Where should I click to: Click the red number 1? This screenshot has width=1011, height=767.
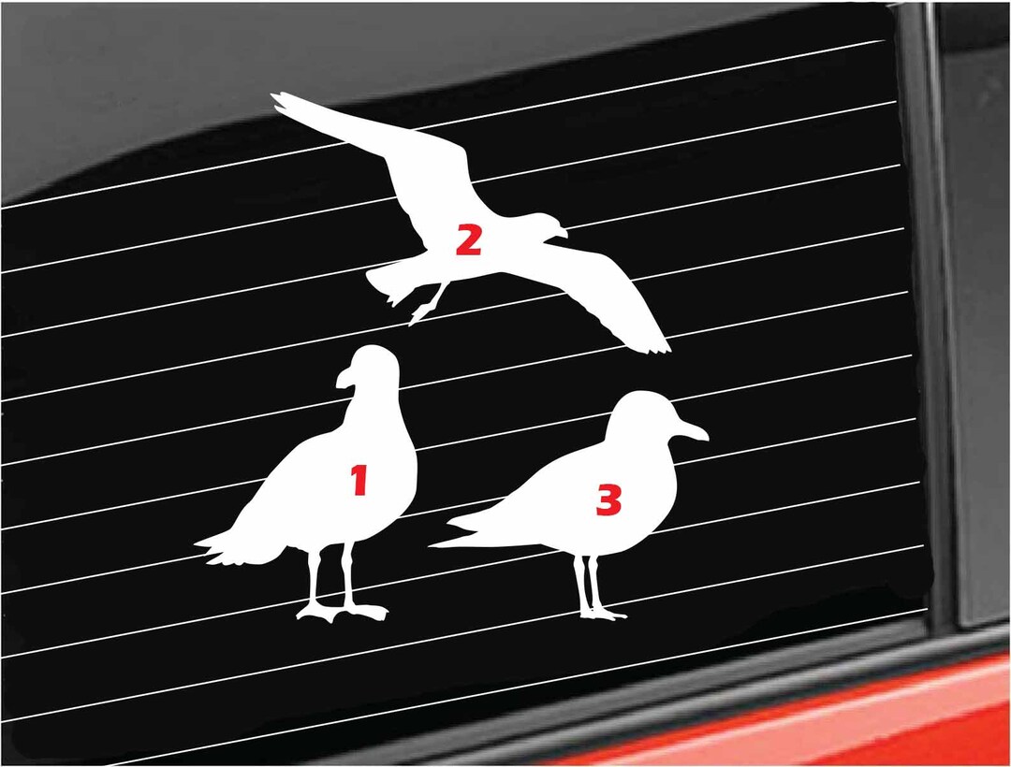[x=359, y=482]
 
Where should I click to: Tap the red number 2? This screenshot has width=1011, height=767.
[x=468, y=239]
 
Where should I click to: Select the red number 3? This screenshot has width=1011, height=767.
[x=608, y=501]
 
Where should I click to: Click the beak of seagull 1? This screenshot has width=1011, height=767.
[x=344, y=378]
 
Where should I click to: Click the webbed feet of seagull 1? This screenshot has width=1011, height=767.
[x=342, y=612]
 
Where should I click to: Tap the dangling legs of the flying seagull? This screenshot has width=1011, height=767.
[x=426, y=304]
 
